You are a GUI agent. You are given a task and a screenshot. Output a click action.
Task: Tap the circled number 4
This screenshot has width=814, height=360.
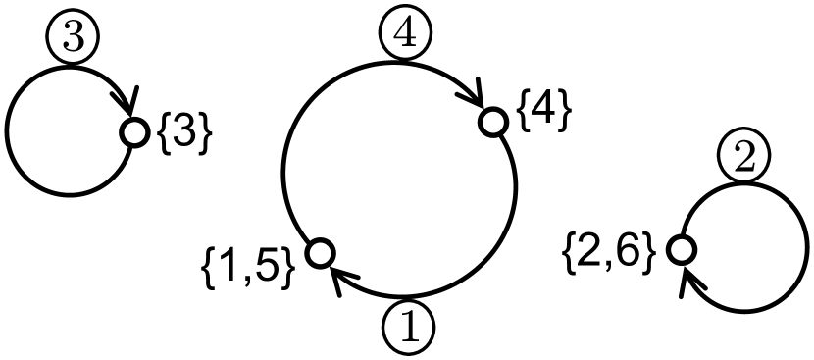405,36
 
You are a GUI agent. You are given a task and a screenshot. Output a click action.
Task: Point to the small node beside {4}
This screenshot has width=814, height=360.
493,121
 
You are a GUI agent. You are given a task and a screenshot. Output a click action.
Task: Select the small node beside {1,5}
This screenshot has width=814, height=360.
320,253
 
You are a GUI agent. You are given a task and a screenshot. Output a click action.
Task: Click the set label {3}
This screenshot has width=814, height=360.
183,133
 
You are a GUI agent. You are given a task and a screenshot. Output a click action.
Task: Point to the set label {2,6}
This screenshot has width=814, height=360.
609,253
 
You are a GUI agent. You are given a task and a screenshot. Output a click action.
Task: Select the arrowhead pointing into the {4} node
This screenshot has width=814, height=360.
473,98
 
